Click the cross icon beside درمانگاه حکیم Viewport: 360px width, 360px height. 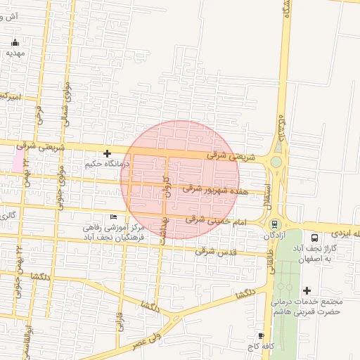pyautogui.click(x=107, y=153)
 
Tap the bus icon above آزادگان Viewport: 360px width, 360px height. pyautogui.click(x=274, y=224)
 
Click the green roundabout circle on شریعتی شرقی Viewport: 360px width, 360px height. pyautogui.click(x=276, y=162)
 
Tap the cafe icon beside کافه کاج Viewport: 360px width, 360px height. pyautogui.click(x=262, y=336)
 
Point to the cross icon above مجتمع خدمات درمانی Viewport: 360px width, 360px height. pyautogui.click(x=307, y=290)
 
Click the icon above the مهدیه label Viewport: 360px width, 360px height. pyautogui.click(x=15, y=42)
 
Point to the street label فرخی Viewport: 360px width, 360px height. pyautogui.click(x=37, y=115)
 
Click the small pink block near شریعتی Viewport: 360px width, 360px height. pyautogui.click(x=17, y=161)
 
